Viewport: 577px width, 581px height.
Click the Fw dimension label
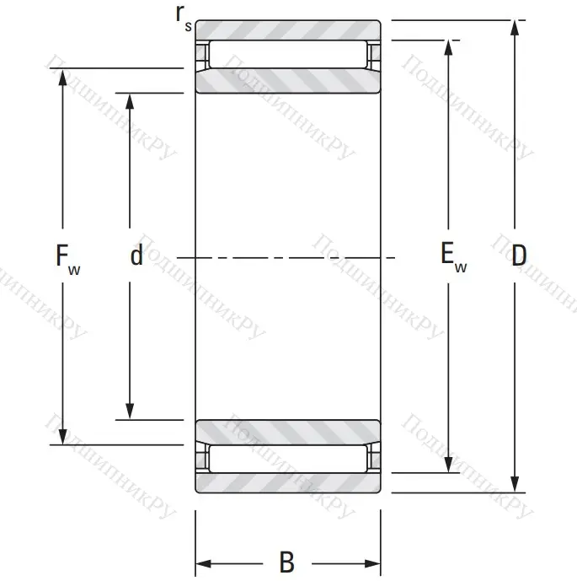[x=67, y=256]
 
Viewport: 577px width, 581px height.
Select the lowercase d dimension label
[x=136, y=256]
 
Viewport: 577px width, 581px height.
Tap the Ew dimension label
[x=453, y=256]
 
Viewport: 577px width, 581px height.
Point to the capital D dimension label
[x=520, y=256]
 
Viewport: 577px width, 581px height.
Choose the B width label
[x=286, y=562]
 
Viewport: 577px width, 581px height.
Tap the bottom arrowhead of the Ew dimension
[x=449, y=465]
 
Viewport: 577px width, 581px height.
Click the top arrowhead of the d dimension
[x=130, y=100]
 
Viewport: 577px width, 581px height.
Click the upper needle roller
[x=287, y=55]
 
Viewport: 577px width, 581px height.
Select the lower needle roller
[x=287, y=458]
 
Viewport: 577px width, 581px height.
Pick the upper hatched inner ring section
[x=287, y=81]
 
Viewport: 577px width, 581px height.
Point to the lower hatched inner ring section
[x=287, y=431]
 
